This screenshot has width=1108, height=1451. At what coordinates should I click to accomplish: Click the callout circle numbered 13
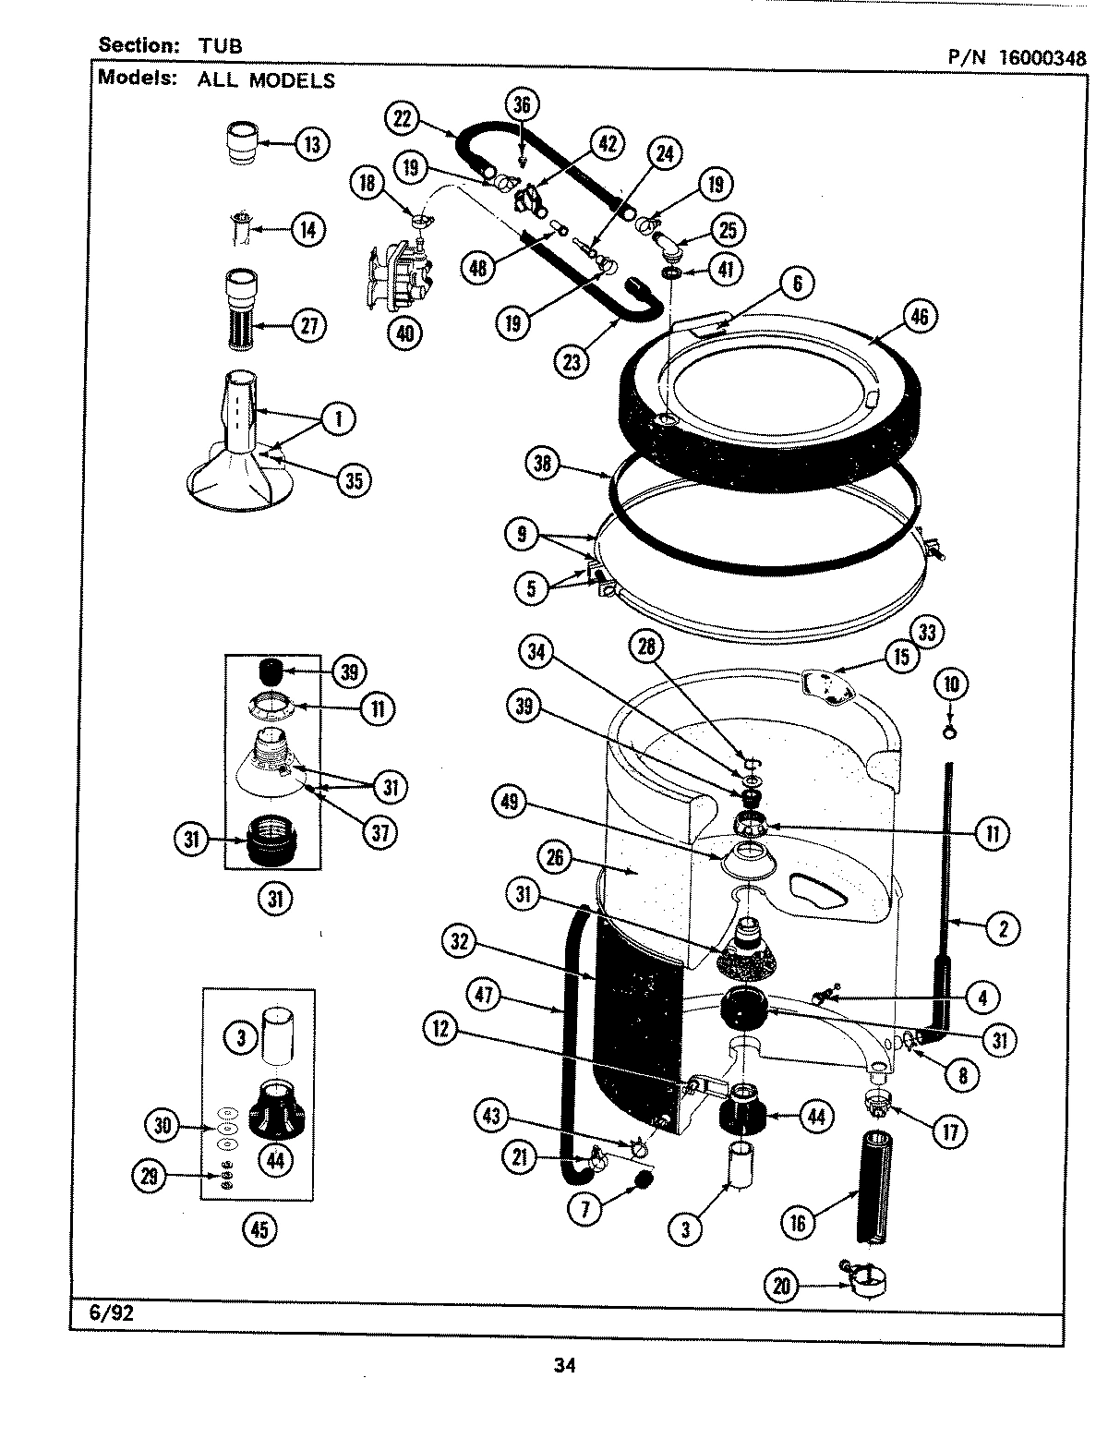pos(312,144)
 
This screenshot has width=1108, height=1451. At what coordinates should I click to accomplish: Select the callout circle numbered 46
pos(918,318)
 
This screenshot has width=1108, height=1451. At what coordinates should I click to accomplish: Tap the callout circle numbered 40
pos(404,332)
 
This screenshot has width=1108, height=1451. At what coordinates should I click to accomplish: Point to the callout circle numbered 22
pos(401,118)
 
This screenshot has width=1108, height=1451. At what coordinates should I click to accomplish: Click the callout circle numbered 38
pos(542,463)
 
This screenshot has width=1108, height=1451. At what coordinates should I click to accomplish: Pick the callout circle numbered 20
pos(782,1287)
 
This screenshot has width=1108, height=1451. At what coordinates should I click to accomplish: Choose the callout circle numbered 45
pos(259,1228)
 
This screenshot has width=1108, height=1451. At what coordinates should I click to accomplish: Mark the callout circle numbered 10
pos(952,684)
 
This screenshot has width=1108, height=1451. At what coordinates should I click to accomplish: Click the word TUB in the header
pos(219,45)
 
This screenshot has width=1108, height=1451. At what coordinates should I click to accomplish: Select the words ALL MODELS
pos(266,80)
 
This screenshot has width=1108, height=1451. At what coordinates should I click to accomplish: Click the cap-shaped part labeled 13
pos(240,144)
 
